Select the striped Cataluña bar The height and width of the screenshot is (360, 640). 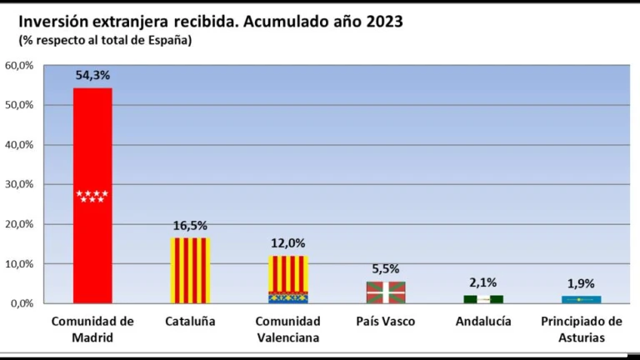(190, 271)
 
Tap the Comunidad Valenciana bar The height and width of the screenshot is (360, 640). (287, 279)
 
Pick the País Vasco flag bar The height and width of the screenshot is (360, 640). (386, 292)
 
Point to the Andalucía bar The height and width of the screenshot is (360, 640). (483, 299)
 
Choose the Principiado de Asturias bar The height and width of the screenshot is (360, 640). (582, 299)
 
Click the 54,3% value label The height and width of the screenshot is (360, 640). (92, 75)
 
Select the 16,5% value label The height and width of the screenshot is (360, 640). (190, 226)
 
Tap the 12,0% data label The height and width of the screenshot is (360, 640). (287, 243)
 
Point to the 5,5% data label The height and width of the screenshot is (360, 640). (386, 269)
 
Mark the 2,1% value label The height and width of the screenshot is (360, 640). (483, 282)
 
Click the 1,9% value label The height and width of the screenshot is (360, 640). (582, 283)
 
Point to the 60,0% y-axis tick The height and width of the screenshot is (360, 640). (19, 65)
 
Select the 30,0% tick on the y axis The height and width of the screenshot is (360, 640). (19, 184)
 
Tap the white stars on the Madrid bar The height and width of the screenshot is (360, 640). (92, 196)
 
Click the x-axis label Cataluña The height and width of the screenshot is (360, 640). (190, 321)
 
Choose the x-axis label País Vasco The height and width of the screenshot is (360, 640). (386, 321)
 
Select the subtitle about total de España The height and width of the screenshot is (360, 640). (105, 40)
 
